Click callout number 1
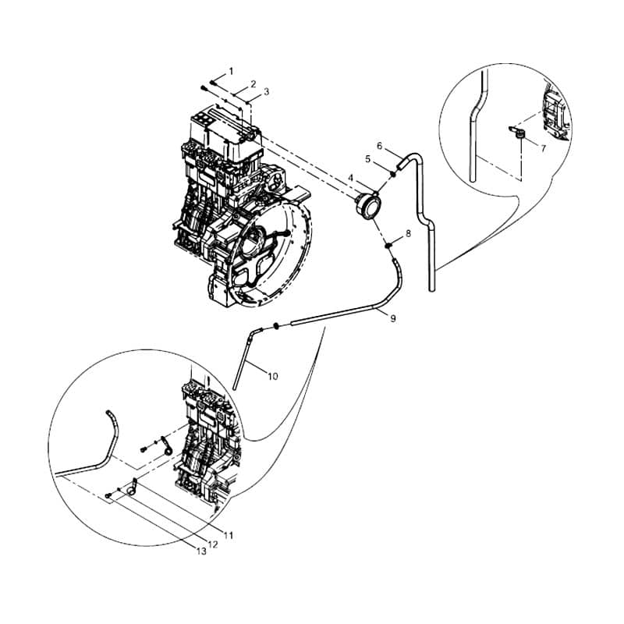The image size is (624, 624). pos(231,72)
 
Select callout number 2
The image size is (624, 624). pos(253,84)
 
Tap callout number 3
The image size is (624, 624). pos(266,91)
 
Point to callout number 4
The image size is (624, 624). pos(350,178)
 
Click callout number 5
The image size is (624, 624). pos(367,159)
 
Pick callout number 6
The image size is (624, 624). pos(379,146)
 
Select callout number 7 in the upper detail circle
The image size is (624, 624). pos(543,148)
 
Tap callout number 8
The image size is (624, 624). pos(408,233)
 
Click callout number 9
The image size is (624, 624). pos(393,318)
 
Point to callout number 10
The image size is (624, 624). pos(272,376)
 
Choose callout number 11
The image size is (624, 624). pos(228,536)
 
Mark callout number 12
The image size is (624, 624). pos(213,544)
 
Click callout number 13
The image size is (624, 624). pos(201,551)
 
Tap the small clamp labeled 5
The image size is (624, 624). pos(393,173)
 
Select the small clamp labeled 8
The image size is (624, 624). pos(388,246)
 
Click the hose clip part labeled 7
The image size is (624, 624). pos(519,133)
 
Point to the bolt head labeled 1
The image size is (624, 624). pos(213,83)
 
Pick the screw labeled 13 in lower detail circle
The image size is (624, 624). pos(108,495)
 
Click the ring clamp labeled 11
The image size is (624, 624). pos(132,489)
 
